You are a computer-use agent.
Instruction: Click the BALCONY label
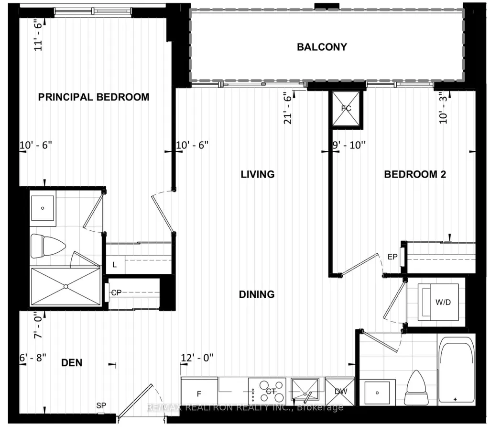(x=322, y=47)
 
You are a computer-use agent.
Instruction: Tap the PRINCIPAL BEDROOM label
(x=94, y=97)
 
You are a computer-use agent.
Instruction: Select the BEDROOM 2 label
(x=415, y=174)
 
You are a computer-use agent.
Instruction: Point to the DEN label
(x=72, y=363)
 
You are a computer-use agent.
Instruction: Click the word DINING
(x=257, y=294)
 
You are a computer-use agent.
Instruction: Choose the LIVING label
(x=258, y=174)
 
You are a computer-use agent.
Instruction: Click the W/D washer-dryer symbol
(x=438, y=302)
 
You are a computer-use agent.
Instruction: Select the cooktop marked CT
(x=268, y=391)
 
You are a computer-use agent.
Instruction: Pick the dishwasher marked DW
(x=340, y=392)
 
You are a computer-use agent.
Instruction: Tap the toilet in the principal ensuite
(x=48, y=246)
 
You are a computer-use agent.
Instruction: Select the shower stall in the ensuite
(x=65, y=286)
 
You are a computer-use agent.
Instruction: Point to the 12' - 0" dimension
(x=197, y=357)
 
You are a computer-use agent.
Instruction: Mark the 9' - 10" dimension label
(x=349, y=145)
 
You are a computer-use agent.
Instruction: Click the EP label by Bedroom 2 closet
(x=392, y=257)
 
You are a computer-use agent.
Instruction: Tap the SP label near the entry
(x=101, y=406)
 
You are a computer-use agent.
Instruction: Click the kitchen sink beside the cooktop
(x=305, y=391)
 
